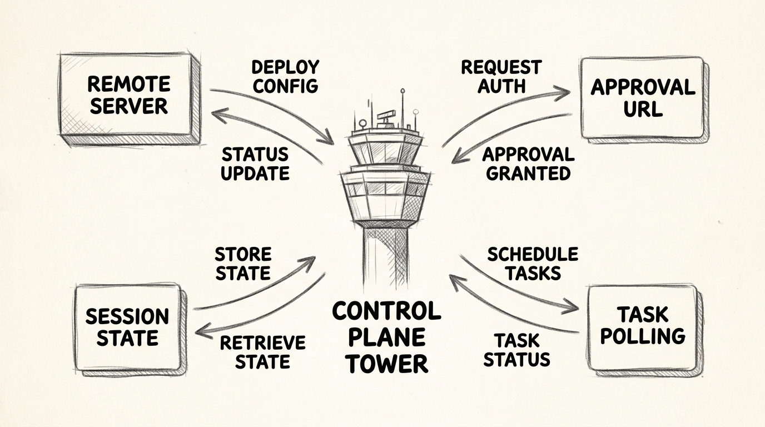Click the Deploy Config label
285,76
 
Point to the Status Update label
255,163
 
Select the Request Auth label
493,76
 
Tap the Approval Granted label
528,163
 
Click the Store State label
243,264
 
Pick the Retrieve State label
263,352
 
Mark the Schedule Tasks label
533,264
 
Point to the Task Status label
516,350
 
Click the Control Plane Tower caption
386,337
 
